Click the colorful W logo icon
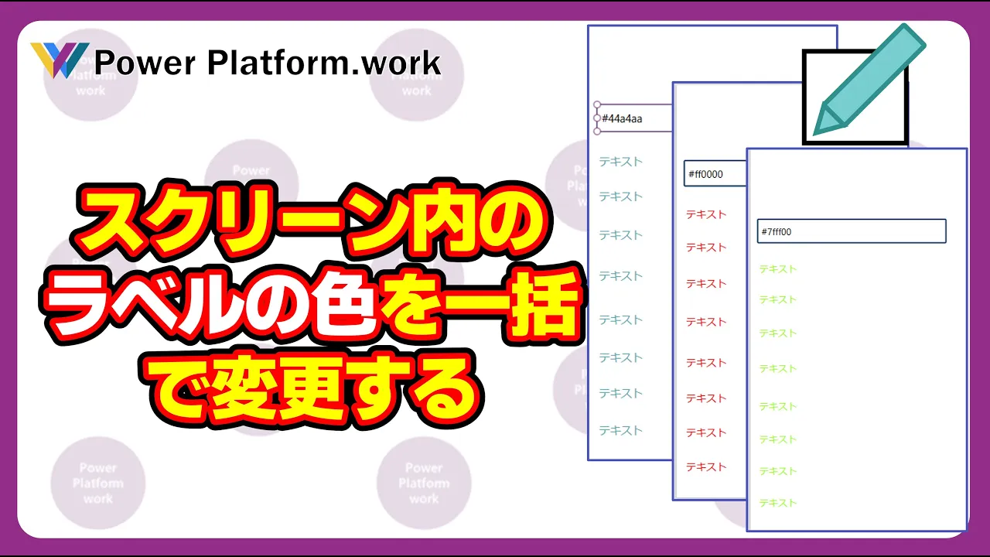59,60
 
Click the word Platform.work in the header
324,63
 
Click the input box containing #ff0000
715,174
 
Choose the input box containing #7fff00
851,231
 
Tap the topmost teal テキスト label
620,162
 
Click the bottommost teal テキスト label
620,430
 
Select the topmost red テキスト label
705,214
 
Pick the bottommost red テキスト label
705,466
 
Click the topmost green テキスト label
777,269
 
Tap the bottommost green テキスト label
777,503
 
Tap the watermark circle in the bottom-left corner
98,484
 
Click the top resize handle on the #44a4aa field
596,104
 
